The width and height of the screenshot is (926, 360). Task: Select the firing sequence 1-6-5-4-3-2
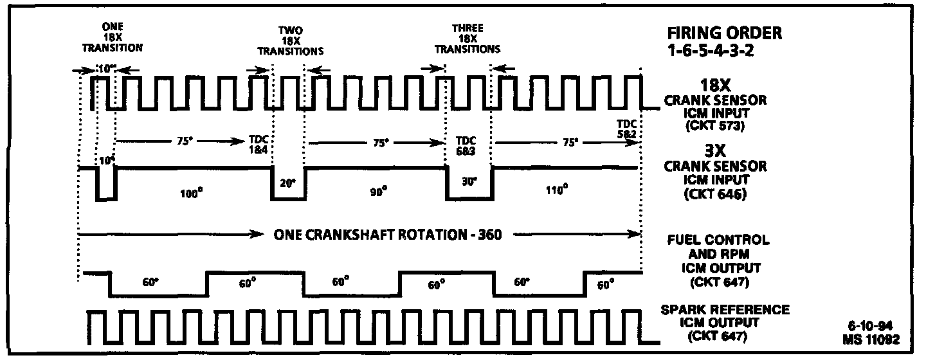(711, 50)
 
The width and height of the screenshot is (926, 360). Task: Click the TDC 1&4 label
(260, 144)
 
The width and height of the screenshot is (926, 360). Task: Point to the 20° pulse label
(287, 183)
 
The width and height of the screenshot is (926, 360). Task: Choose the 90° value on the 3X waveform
(379, 191)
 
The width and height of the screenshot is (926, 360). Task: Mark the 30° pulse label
(469, 182)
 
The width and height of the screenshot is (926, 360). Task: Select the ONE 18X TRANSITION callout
(113, 37)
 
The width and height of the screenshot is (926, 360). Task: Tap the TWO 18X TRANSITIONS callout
(290, 40)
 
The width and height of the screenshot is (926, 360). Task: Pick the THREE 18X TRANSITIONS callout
(468, 39)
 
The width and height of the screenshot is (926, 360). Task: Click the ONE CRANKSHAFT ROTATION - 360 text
(387, 235)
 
